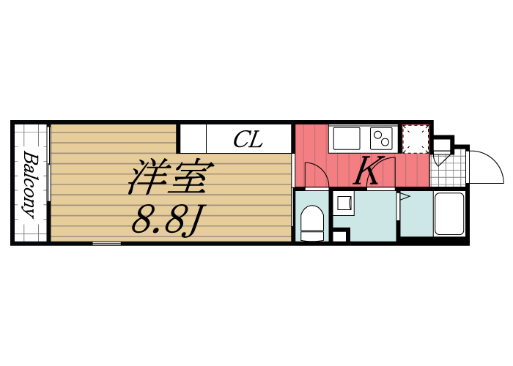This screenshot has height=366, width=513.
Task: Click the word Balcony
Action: click(30, 184)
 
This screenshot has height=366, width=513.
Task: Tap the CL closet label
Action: click(248, 140)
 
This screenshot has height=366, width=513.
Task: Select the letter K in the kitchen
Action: click(366, 173)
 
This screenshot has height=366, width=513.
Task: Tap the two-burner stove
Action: click(383, 138)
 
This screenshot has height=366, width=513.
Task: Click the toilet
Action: click(313, 222)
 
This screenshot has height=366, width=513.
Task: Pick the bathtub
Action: click(449, 214)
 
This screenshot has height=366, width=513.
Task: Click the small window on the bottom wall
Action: click(107, 242)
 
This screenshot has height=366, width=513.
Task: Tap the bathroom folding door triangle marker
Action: click(403, 196)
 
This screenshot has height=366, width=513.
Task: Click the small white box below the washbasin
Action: click(339, 236)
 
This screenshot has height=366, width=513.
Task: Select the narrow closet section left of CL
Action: click(193, 138)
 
